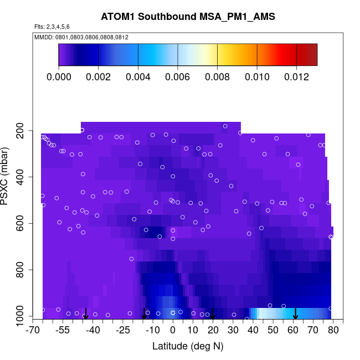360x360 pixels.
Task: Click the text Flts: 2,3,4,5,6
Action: coord(52,27)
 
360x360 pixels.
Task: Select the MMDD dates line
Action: coord(81,37)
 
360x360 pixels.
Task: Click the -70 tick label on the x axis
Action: coord(34,331)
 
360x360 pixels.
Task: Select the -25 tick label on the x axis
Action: coord(123,331)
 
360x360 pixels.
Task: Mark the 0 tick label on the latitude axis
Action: coord(173,331)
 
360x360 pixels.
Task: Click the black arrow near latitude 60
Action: coord(295,314)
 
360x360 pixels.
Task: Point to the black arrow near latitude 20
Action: coord(213,314)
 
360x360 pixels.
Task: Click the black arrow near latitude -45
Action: coord(85,314)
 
